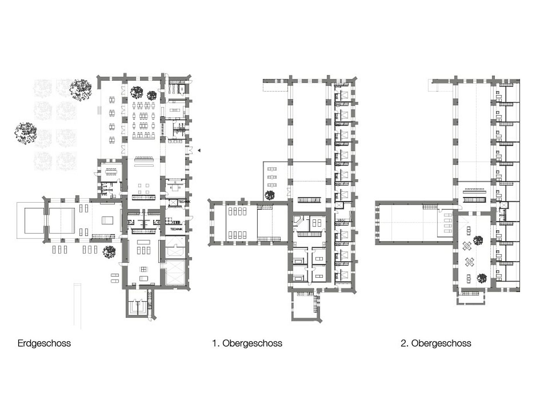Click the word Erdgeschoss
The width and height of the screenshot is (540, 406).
click(44, 343)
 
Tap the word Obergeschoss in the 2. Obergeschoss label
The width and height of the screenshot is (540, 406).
click(441, 343)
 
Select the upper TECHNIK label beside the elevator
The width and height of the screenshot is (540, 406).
click(184, 202)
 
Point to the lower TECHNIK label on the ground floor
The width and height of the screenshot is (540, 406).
click(177, 229)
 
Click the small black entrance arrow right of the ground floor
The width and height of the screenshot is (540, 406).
click(199, 150)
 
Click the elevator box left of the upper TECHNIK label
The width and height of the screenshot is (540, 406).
click(173, 203)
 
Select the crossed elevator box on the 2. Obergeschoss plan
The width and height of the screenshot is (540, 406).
click(504, 205)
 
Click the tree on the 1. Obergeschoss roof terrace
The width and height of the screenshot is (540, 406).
click(270, 195)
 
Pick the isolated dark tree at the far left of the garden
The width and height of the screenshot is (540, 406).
click(25, 133)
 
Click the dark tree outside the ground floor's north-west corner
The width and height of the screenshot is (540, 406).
click(81, 90)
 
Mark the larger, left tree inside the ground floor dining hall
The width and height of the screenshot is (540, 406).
click(137, 92)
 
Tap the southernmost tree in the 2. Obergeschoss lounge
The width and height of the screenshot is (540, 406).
click(482, 279)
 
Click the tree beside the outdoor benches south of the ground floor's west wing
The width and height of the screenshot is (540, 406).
click(109, 252)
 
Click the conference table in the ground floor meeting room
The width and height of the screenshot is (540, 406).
click(111, 172)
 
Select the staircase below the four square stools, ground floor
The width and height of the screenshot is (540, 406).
click(143, 197)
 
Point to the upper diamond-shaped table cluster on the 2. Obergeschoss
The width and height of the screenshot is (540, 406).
click(467, 246)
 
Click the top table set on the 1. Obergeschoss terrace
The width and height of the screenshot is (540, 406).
click(272, 169)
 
